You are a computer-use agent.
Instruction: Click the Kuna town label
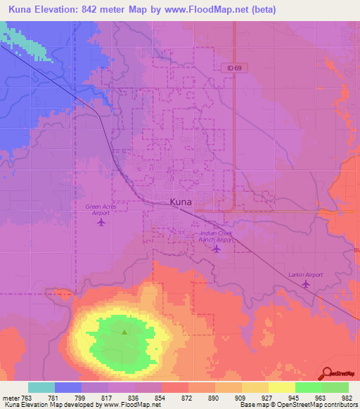point(181,202)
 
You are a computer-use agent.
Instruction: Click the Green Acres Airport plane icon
point(101,223)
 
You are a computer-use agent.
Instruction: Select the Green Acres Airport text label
point(101,209)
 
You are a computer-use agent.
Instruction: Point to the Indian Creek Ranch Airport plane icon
point(217,248)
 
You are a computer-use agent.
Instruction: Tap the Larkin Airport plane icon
point(305,284)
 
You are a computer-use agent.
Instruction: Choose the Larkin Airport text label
point(305,275)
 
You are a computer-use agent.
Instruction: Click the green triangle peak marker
point(124,332)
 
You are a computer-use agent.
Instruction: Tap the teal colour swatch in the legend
point(41,387)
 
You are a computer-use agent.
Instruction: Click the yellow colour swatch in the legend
point(281,387)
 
